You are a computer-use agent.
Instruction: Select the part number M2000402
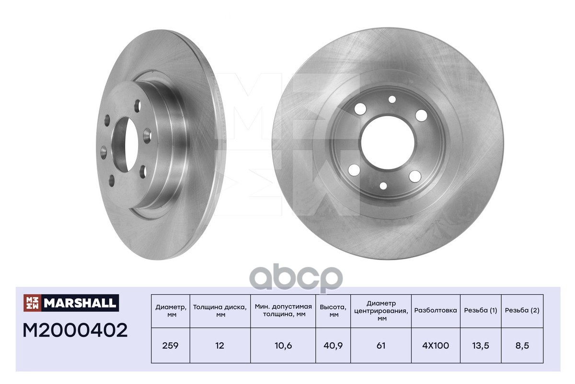point(75,330)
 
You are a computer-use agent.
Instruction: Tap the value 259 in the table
point(170,346)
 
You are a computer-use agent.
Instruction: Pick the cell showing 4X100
point(436,346)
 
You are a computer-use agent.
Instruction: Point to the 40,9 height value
point(333,346)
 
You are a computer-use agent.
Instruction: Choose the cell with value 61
point(381,346)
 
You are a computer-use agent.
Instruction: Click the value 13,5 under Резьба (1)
point(480,346)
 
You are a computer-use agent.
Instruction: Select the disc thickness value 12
point(220,346)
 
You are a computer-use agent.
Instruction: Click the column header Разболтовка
point(436,311)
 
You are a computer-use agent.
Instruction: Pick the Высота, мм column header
point(333,311)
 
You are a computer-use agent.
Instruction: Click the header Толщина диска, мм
point(220,311)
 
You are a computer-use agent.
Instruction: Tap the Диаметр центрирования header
point(381,311)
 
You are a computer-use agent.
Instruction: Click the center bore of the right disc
point(387,143)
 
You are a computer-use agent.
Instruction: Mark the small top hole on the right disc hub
point(392,99)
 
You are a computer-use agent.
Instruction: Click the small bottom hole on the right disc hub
point(383,186)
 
